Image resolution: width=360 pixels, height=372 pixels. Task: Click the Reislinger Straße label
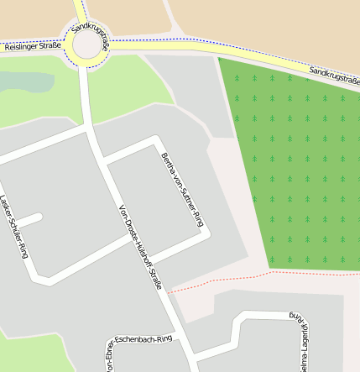click(32, 47)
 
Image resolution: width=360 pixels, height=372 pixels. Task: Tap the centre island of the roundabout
click(86, 46)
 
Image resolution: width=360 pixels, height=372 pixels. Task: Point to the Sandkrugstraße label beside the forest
click(334, 76)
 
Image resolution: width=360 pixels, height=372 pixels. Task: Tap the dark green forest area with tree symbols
click(294, 160)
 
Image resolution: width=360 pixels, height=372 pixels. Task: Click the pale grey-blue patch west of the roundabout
click(25, 81)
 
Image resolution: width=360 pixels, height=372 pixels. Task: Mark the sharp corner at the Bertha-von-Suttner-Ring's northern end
click(155, 139)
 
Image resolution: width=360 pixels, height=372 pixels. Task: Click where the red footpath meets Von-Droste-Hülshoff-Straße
click(169, 293)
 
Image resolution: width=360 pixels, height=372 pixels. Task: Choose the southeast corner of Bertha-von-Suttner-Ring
click(205, 237)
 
